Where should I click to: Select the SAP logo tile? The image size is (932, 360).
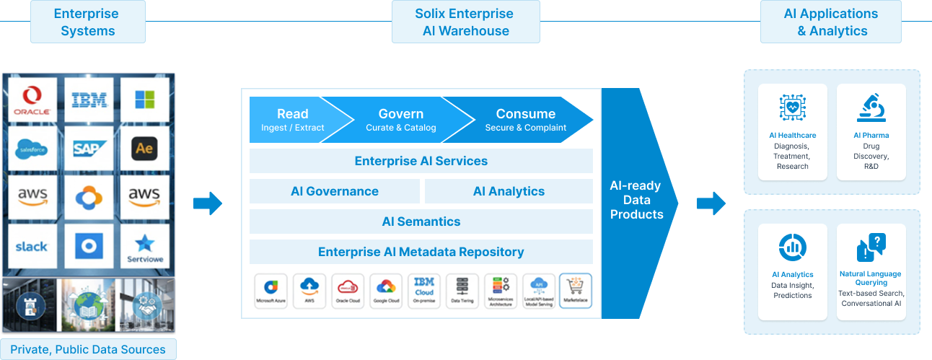[89, 149]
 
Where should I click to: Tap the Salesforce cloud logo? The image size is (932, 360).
[31, 149]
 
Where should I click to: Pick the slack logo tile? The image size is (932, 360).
[31, 245]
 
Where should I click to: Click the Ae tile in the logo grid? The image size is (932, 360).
[144, 149]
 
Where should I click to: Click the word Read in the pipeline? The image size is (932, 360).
[292, 114]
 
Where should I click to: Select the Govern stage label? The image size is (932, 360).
[400, 114]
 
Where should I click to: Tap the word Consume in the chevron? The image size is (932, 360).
[525, 114]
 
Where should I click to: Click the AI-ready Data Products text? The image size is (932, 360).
[636, 200]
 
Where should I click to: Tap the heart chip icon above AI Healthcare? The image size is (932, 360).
[792, 107]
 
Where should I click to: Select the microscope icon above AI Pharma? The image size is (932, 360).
[871, 107]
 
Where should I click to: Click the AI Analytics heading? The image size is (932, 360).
[792, 274]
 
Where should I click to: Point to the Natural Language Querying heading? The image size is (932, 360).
[871, 278]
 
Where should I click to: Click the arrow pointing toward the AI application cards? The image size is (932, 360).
[711, 203]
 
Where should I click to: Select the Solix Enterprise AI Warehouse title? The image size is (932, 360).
[465, 22]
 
